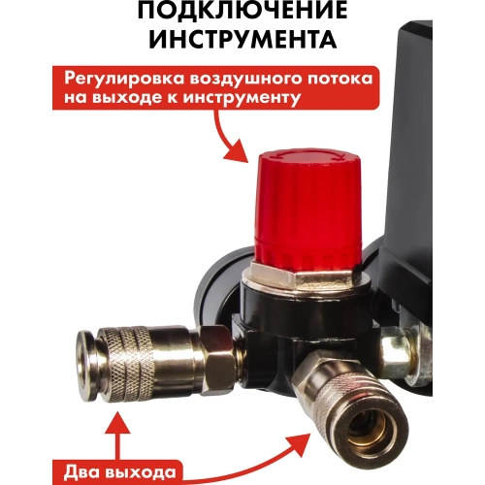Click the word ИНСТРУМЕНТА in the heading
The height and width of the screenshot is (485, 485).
click(242, 42)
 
